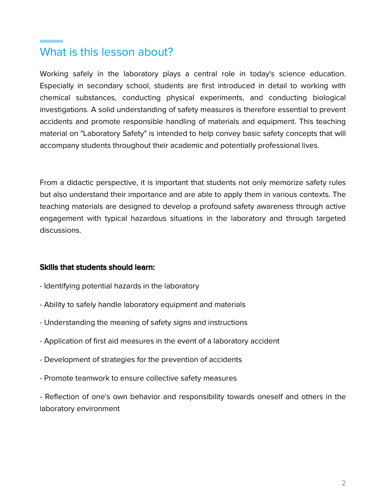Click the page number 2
pos(344,483)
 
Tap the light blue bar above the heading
pos(51,41)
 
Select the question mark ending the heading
pos(170,52)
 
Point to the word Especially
pos(57,86)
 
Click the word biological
pos(329,98)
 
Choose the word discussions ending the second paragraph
pos(60,230)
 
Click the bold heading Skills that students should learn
pos(97,267)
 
